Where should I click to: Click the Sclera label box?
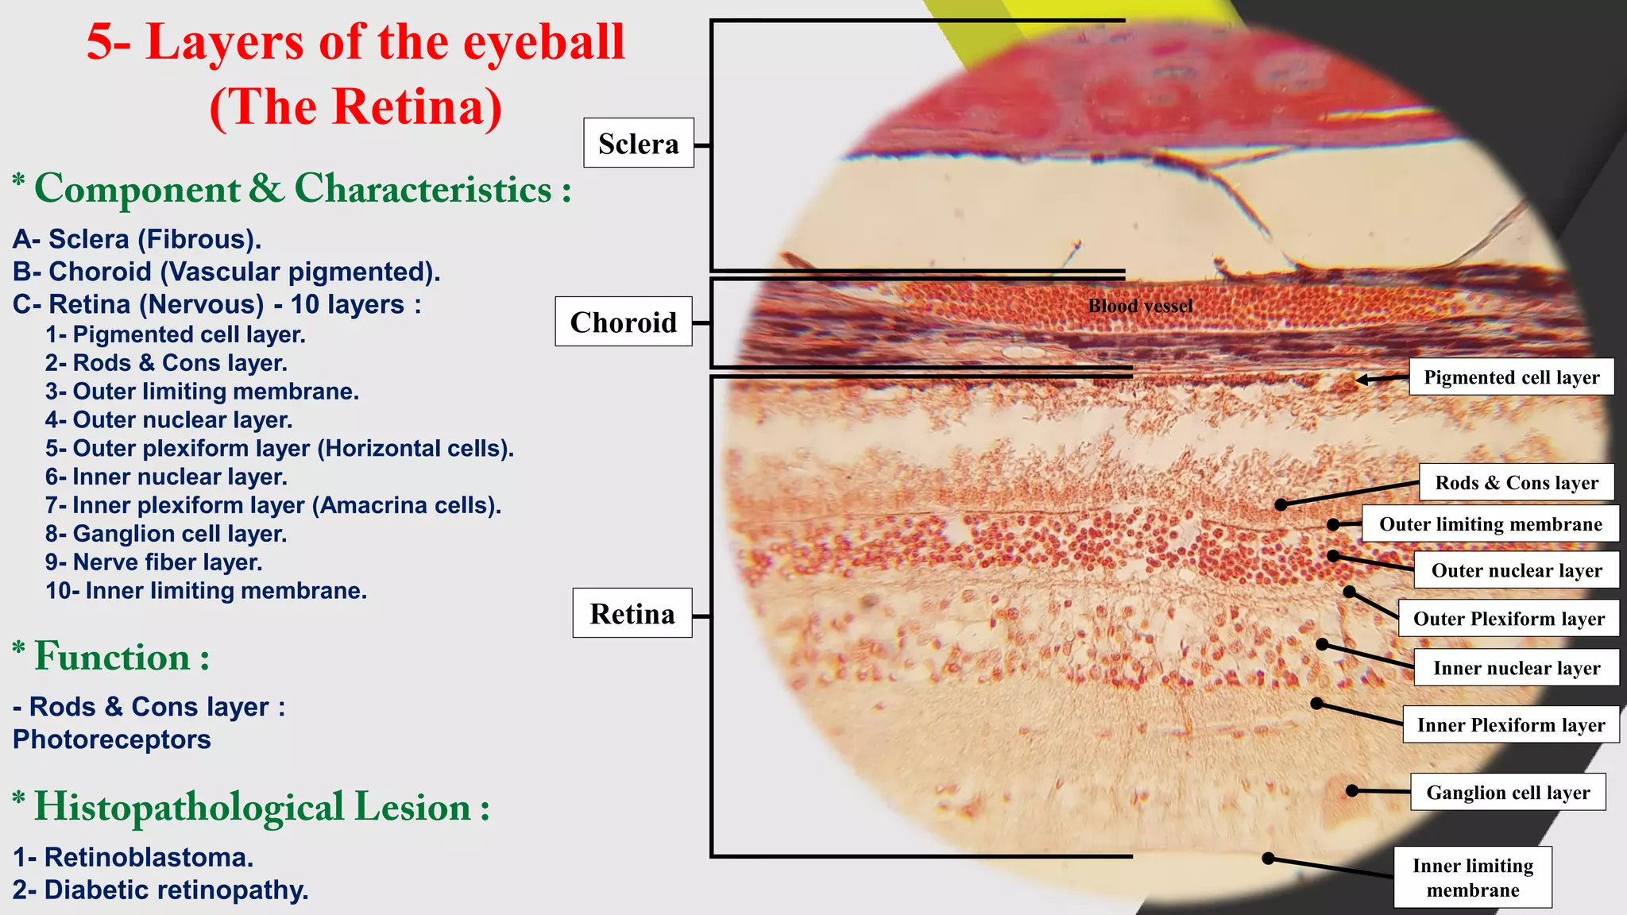pyautogui.click(x=638, y=143)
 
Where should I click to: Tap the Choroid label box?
pyautogui.click(x=623, y=322)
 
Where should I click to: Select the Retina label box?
pyautogui.click(x=632, y=613)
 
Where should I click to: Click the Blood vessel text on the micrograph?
pyautogui.click(x=1140, y=306)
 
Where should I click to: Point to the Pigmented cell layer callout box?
pyautogui.click(x=1511, y=377)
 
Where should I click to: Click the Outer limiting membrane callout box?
pyautogui.click(x=1490, y=524)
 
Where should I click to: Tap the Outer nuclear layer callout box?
pyautogui.click(x=1516, y=570)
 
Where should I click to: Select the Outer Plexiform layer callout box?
pyautogui.click(x=1509, y=619)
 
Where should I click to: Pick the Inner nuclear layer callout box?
pyautogui.click(x=1516, y=668)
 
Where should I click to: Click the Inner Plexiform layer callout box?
pyautogui.click(x=1510, y=725)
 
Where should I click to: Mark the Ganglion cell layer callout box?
pyautogui.click(x=1507, y=793)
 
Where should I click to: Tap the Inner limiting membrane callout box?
pyautogui.click(x=1472, y=877)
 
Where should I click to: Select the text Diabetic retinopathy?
pyautogui.click(x=176, y=890)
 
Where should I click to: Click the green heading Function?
pyautogui.click(x=112, y=658)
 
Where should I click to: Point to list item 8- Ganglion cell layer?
pyautogui.click(x=166, y=534)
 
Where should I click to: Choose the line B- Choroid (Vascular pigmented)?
pyautogui.click(x=226, y=272)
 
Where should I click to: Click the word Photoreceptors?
pyautogui.click(x=112, y=739)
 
